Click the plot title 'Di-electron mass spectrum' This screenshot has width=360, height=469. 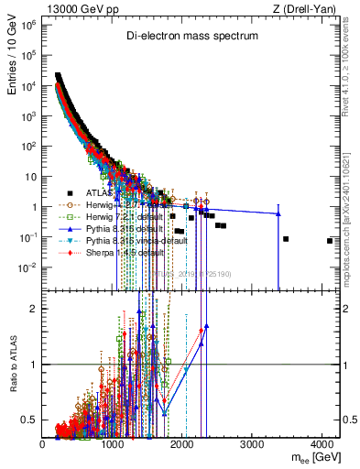[x=192, y=36]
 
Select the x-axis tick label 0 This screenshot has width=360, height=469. [x=43, y=443]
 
